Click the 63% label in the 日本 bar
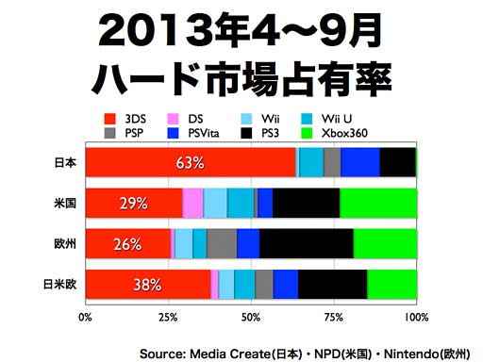coord(190,163)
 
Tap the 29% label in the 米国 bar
coord(134,204)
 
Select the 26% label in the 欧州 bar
coord(127,244)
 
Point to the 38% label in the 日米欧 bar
coord(147,285)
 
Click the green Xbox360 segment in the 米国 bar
coord(378,203)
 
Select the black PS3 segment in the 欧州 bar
coord(307,243)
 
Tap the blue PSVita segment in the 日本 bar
coord(360,162)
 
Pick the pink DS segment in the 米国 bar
coord(192,203)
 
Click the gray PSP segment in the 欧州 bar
coord(222,243)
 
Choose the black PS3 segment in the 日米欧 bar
coord(333,284)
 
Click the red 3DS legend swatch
coord(110,119)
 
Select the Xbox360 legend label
coord(344,133)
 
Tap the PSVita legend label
coord(204,133)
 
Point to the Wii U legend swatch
coord(307,119)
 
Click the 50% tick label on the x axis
coord(251,318)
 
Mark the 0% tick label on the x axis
coord(85,318)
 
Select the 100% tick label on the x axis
coord(416,318)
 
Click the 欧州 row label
coord(65,244)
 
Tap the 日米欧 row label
coord(59,285)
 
